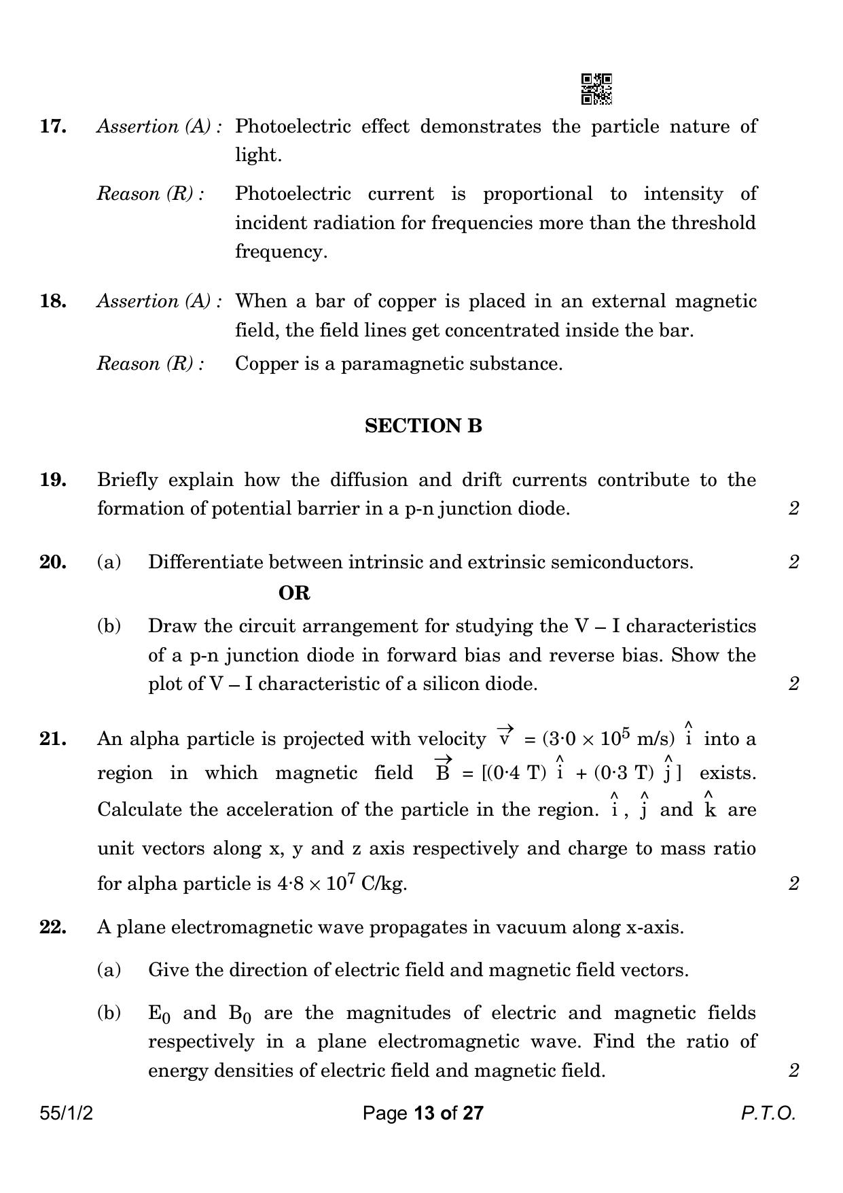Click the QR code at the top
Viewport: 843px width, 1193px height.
click(x=596, y=89)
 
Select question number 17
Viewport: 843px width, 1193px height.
click(x=53, y=126)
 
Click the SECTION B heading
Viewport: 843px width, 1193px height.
click(x=423, y=426)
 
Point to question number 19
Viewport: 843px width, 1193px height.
click(x=53, y=480)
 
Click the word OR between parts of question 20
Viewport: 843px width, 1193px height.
click(x=294, y=593)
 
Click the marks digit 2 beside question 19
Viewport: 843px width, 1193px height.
click(x=793, y=508)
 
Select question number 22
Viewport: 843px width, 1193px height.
click(x=53, y=927)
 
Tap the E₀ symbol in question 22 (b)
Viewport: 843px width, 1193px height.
click(x=160, y=1014)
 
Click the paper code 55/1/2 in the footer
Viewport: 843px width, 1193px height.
click(x=66, y=1113)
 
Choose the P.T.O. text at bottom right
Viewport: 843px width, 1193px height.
click(x=768, y=1113)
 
